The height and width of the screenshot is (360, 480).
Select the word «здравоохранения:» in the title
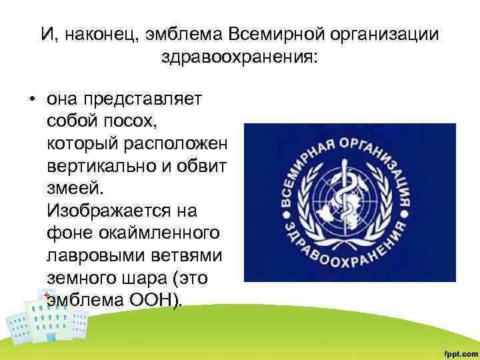tap(240, 57)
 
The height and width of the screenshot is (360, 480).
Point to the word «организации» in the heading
tap(385, 33)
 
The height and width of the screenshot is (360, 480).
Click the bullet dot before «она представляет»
tap(31, 100)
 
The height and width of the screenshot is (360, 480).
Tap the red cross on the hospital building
tap(47, 295)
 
